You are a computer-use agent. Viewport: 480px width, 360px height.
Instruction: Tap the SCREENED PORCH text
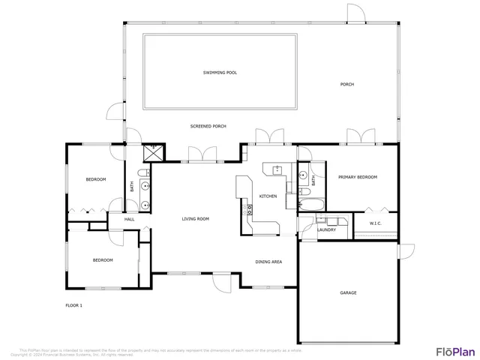coord(209,126)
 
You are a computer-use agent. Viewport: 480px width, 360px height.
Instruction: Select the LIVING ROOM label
coord(195,219)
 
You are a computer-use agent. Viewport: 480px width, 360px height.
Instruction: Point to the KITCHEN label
coord(268,196)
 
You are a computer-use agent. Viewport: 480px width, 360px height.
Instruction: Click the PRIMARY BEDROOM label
coord(357,177)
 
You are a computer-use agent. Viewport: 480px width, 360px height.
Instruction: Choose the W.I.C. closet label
coord(376,223)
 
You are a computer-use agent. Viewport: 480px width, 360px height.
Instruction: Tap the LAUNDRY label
coord(326,229)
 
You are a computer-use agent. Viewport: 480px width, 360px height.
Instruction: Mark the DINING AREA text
coord(268,262)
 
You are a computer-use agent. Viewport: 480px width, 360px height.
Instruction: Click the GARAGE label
coord(348,292)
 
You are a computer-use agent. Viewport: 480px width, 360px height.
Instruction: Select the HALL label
coord(129,219)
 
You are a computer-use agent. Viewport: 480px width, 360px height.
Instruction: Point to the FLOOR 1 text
coord(73,305)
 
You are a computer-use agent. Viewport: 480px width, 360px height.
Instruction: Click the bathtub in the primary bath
coord(310,203)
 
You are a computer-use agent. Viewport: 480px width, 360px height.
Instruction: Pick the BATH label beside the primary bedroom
coord(313,181)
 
